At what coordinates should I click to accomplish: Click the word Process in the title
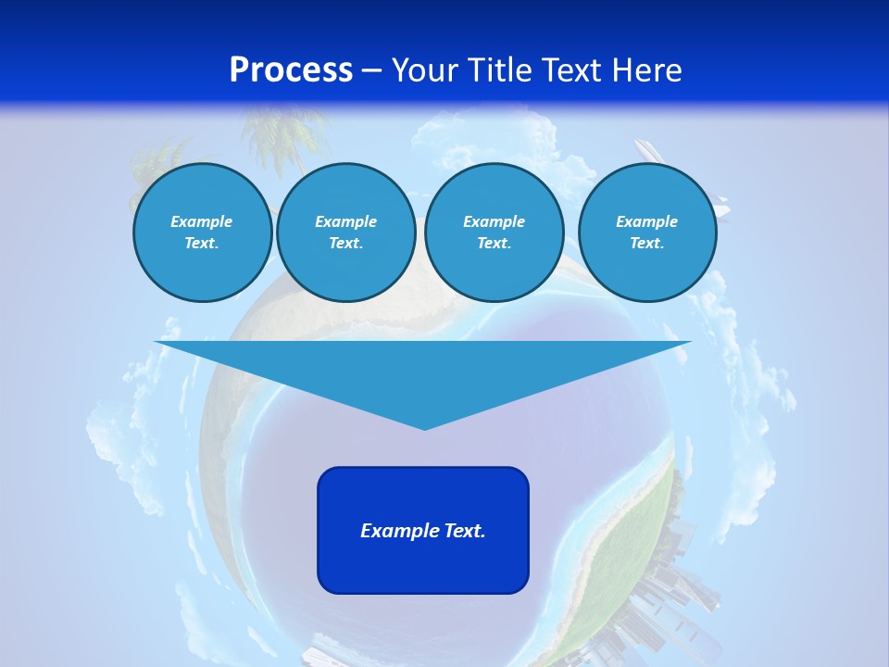click(291, 70)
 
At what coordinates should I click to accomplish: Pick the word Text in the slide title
click(573, 70)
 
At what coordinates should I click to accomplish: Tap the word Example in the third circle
click(494, 221)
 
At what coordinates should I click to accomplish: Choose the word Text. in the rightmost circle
click(646, 243)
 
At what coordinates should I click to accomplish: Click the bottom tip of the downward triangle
click(424, 427)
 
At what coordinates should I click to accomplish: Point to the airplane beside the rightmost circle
click(648, 153)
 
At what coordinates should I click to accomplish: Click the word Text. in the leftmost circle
click(202, 243)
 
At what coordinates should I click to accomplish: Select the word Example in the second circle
click(345, 221)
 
